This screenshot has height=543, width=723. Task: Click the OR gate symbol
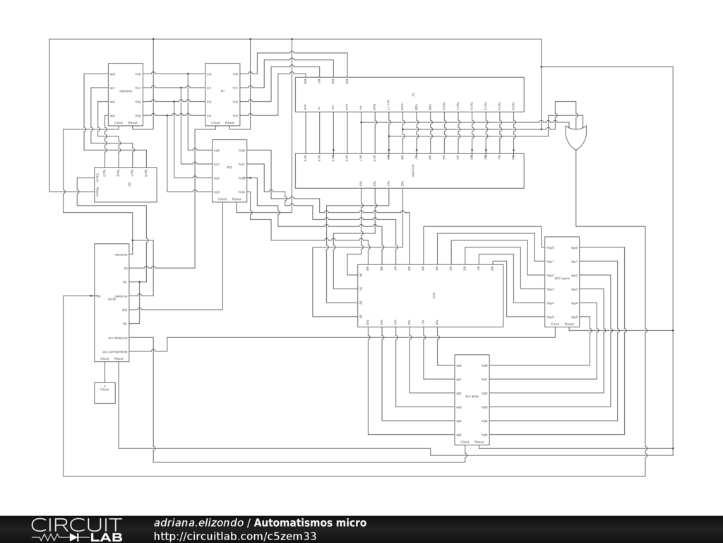click(x=576, y=136)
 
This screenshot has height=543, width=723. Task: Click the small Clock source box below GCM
click(x=104, y=392)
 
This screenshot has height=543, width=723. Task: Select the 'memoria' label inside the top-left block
click(x=125, y=91)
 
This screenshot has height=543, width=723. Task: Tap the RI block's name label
click(x=222, y=91)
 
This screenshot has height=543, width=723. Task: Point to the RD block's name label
click(x=229, y=168)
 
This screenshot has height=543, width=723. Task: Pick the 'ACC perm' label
click(x=562, y=279)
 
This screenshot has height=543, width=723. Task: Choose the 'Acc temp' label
click(x=472, y=397)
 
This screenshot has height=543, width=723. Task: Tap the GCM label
click(x=111, y=300)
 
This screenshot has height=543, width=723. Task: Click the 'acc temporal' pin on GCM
click(x=118, y=338)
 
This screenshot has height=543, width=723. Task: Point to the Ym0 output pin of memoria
click(x=138, y=74)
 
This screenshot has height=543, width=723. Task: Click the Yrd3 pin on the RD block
click(x=241, y=192)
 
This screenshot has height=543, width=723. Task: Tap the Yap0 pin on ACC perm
click(x=550, y=248)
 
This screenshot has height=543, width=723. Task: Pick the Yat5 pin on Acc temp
click(x=484, y=435)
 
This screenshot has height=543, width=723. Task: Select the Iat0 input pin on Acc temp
click(x=459, y=366)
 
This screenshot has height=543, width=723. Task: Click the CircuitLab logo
click(x=76, y=529)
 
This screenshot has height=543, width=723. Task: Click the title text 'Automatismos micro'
click(x=310, y=523)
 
